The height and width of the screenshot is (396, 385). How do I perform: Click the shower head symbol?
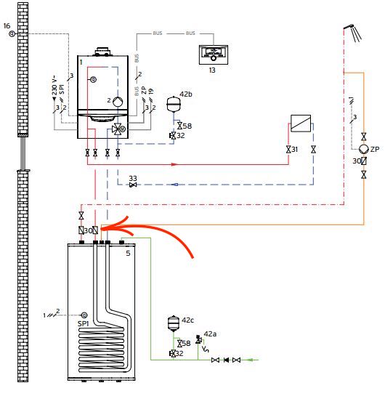pos(354,32)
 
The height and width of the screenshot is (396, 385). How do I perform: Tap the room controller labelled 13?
pos(214,54)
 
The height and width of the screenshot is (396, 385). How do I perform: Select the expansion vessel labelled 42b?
pos(173,104)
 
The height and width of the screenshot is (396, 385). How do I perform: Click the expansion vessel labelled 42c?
pos(174,323)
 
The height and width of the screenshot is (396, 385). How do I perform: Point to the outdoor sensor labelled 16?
pos(12,33)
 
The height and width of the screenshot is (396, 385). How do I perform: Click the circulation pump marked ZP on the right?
pos(364,149)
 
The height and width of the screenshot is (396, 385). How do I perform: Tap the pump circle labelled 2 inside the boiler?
pos(118,102)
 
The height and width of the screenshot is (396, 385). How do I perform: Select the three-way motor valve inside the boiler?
pos(118,129)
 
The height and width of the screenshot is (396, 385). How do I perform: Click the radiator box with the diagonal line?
pos(301,124)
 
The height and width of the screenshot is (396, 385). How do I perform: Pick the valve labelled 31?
pos(288,150)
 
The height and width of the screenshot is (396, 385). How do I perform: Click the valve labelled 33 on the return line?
pos(133,185)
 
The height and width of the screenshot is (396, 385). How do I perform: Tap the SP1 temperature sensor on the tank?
pos(84,315)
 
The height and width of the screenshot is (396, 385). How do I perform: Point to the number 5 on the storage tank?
pos(128,254)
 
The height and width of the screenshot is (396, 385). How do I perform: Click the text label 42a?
pos(210,334)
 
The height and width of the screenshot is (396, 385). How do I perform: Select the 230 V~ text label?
pos(54,86)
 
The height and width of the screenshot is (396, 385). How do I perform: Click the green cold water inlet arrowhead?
pos(249,360)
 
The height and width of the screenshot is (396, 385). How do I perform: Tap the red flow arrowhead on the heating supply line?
pos(174,164)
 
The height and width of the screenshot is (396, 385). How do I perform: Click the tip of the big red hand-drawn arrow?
pos(101,229)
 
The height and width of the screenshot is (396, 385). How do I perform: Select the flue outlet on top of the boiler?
pos(102,52)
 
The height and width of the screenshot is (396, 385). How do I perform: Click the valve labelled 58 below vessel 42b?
pos(179,126)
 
